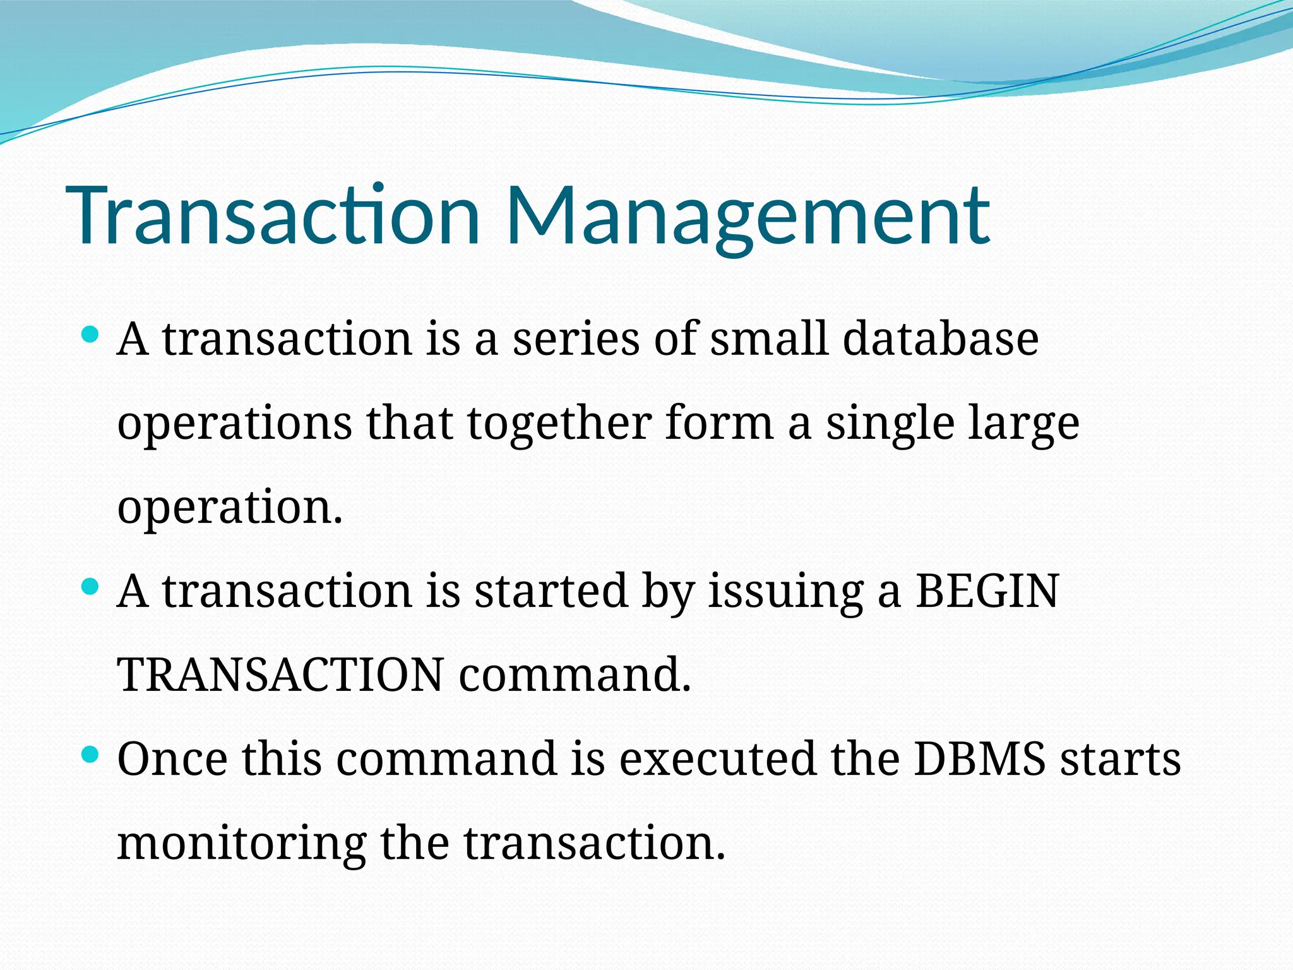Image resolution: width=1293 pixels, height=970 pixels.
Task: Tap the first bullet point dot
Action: (91, 335)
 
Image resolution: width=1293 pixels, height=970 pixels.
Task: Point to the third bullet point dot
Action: (91, 754)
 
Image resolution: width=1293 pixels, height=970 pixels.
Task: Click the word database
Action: (941, 338)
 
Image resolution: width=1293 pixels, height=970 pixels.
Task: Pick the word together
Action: (559, 423)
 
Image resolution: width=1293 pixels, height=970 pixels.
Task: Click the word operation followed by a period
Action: (230, 508)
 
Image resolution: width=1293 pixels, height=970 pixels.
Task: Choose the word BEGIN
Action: (987, 592)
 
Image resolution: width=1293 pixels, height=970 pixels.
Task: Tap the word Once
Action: (172, 758)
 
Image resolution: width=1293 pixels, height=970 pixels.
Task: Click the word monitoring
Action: (242, 844)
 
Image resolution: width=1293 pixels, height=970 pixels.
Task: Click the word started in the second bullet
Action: (551, 592)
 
